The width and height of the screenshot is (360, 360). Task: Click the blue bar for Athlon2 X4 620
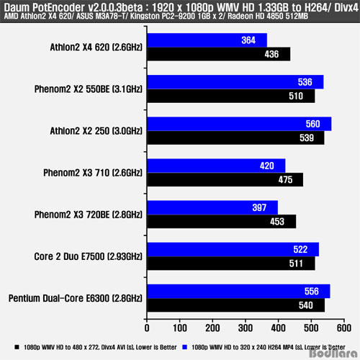click(207, 40)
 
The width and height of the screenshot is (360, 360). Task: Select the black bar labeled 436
click(219, 54)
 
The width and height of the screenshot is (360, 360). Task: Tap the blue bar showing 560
click(239, 124)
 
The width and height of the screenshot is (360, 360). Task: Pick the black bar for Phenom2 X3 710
click(225, 179)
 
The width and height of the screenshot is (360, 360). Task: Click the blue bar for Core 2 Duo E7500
click(233, 249)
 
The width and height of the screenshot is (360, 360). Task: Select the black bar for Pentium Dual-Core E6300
click(236, 305)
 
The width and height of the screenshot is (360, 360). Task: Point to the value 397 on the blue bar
click(259, 207)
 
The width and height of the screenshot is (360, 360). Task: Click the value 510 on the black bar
click(296, 96)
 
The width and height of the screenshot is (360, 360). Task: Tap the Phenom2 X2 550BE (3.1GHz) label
click(89, 89)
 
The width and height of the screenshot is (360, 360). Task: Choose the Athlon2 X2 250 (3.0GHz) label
click(96, 131)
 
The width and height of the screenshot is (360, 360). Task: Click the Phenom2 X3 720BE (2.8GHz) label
click(89, 215)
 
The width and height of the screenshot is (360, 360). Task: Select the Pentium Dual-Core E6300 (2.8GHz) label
click(76, 298)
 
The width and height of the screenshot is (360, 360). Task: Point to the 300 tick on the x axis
click(246, 328)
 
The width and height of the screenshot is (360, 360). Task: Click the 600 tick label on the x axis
click(344, 328)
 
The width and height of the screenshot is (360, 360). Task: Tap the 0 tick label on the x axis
click(147, 328)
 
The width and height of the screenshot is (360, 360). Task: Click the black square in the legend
click(17, 347)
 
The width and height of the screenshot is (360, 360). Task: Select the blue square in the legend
click(185, 347)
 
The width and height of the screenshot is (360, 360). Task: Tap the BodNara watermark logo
click(333, 353)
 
